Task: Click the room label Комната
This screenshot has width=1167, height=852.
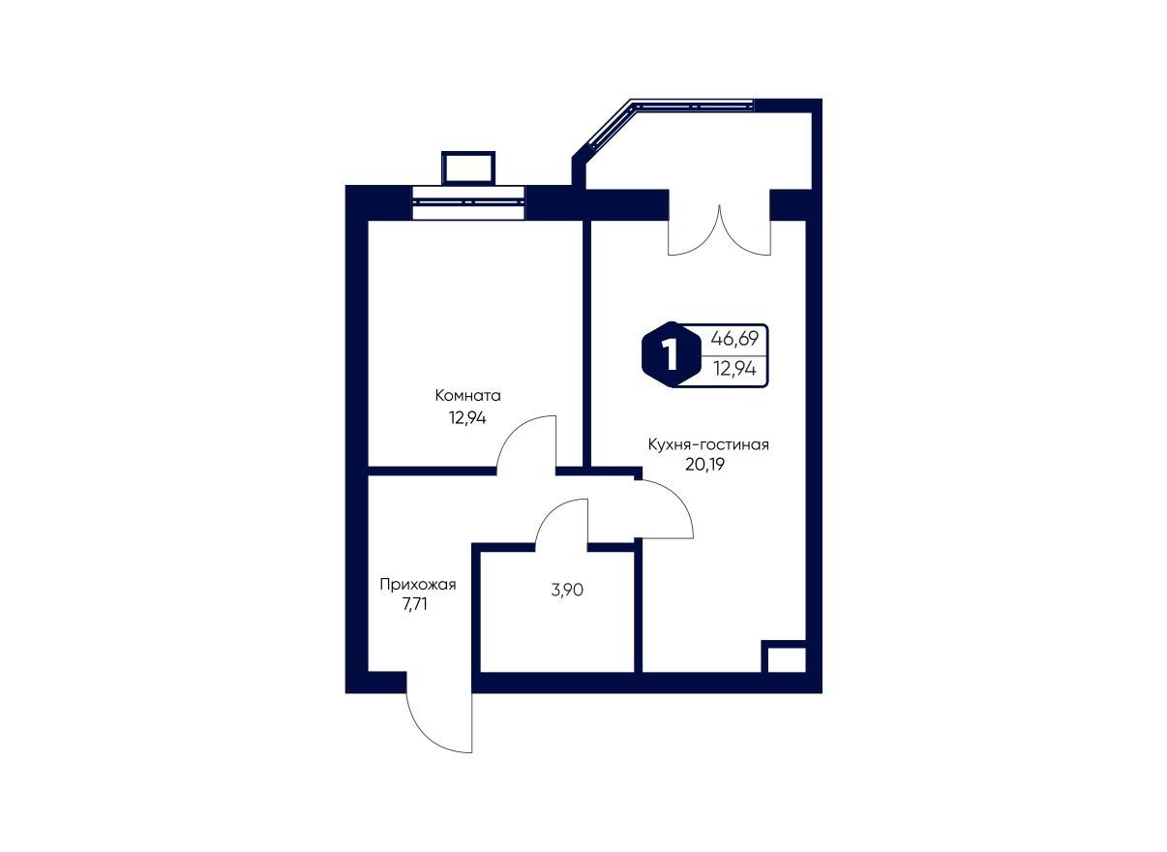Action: tap(467, 396)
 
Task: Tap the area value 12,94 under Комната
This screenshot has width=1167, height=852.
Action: tap(467, 418)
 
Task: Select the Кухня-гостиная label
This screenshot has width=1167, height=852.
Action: tap(708, 444)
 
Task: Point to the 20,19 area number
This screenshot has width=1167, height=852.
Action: tap(704, 465)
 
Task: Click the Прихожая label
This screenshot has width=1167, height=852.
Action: tap(418, 585)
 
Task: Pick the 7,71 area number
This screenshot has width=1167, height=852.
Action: tap(414, 605)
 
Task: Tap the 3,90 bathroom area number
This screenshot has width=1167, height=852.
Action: tap(567, 591)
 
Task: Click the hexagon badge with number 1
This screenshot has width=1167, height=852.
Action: tap(671, 355)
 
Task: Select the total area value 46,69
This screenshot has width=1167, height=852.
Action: tap(734, 340)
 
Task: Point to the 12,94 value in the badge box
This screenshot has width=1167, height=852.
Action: tap(734, 369)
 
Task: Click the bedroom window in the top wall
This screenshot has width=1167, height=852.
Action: tap(468, 202)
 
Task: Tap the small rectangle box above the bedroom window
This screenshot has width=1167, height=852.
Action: tap(468, 167)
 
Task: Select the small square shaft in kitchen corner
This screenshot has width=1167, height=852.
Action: tap(783, 656)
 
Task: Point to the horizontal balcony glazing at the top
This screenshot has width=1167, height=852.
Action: tap(693, 105)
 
